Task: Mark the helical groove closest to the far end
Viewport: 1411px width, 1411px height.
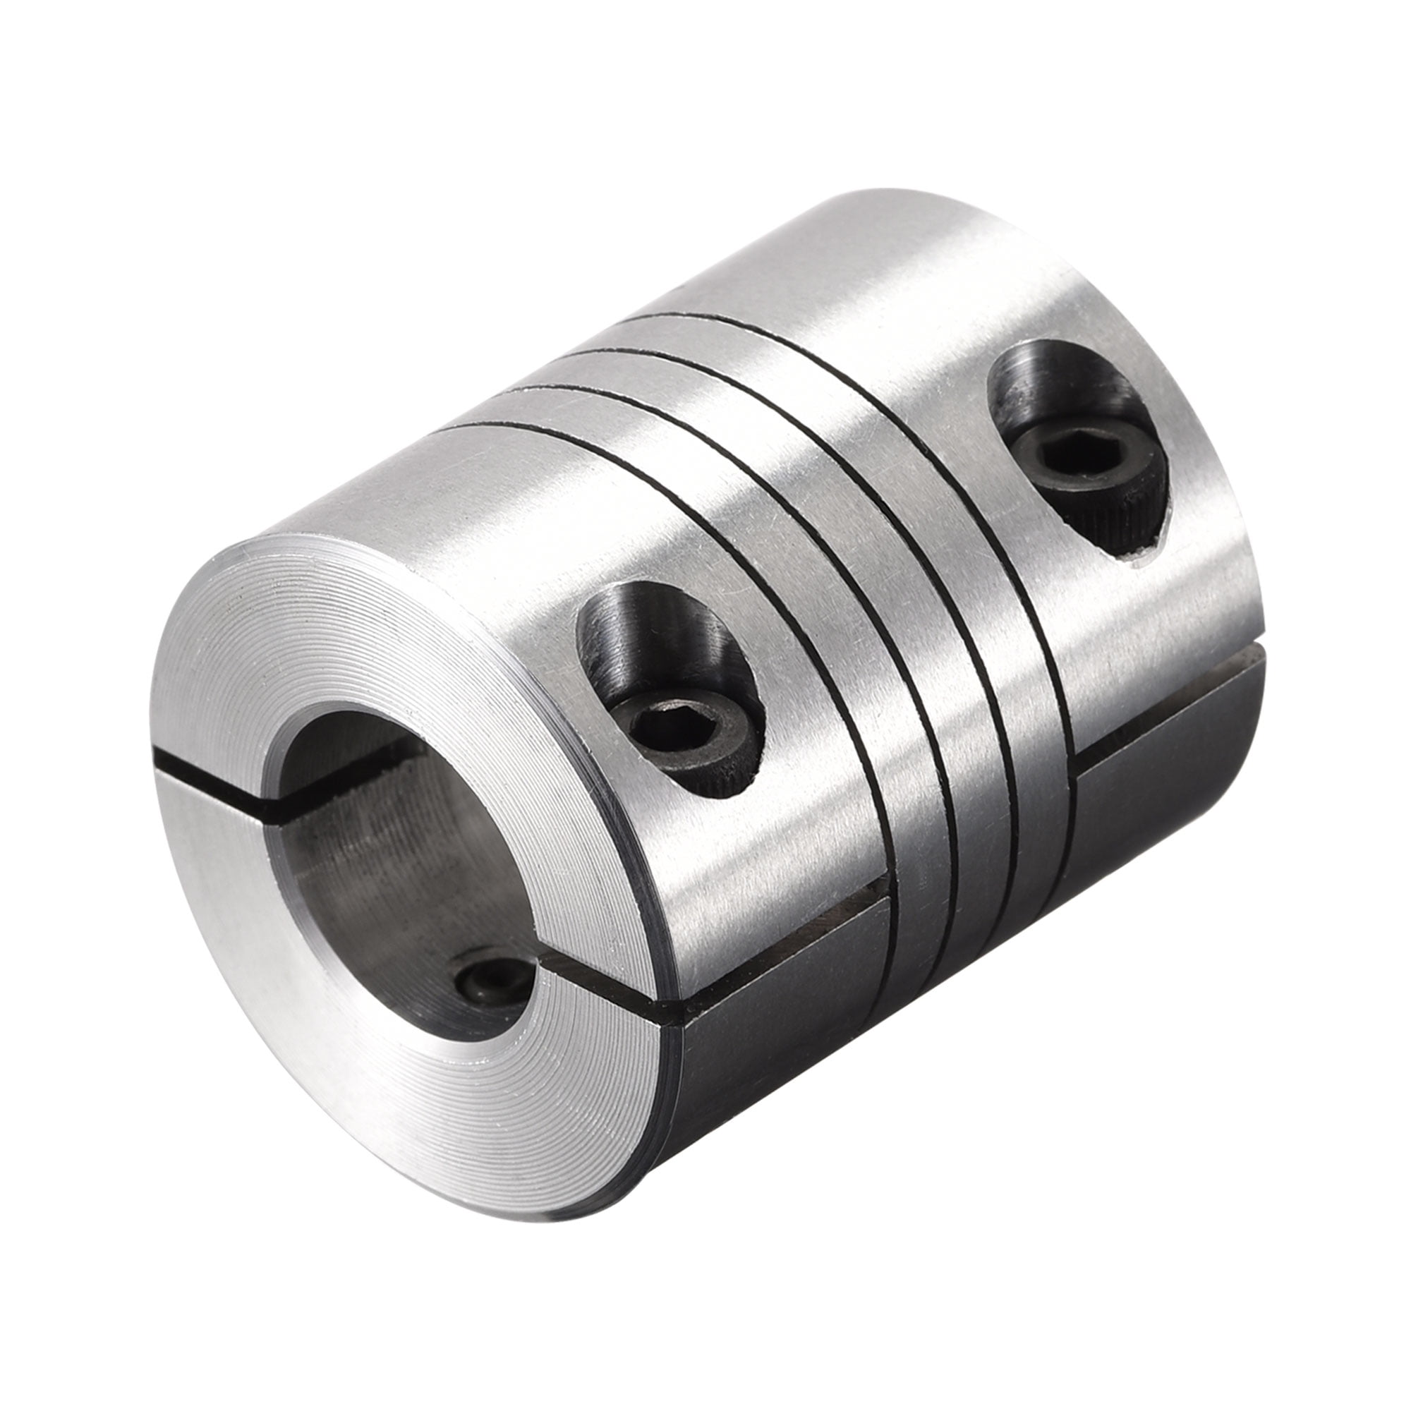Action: (971, 511)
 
